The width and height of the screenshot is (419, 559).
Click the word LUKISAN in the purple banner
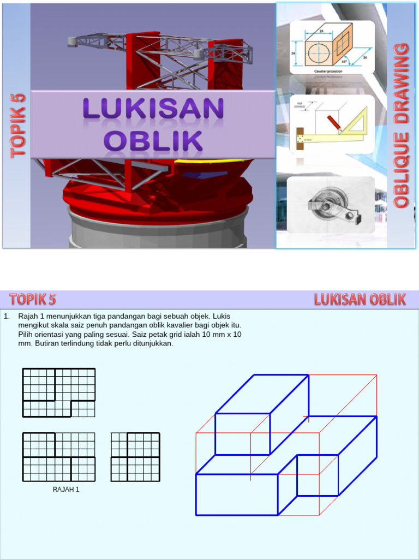(153, 109)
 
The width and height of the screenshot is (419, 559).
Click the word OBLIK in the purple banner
(153, 140)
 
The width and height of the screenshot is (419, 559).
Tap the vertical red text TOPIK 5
(17, 126)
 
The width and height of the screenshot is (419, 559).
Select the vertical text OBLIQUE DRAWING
(402, 126)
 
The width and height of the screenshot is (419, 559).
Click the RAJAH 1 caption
(66, 490)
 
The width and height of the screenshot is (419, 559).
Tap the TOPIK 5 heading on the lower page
(33, 299)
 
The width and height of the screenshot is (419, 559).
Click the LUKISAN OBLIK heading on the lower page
(360, 299)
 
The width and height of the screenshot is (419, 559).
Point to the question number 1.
(6, 316)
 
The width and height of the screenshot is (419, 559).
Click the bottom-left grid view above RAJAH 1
(59, 457)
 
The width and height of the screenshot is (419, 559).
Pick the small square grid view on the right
(135, 457)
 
